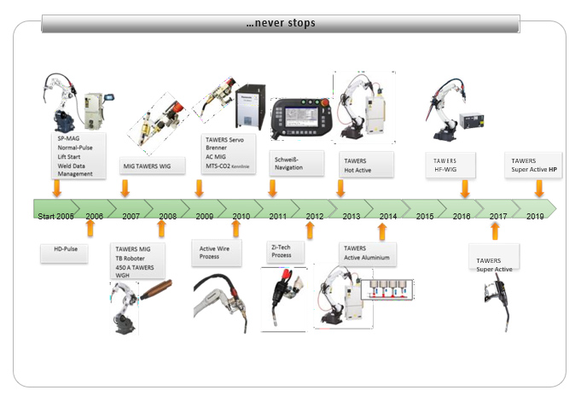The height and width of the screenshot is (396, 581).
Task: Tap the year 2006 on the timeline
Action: pyautogui.click(x=95, y=217)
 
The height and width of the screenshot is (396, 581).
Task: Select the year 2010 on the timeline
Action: pyautogui.click(x=241, y=217)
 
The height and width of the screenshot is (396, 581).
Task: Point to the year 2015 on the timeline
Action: pyautogui.click(x=425, y=217)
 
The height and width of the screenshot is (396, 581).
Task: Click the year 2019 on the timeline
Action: pyautogui.click(x=535, y=217)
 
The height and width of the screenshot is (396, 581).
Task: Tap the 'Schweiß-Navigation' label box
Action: pyautogui.click(x=295, y=162)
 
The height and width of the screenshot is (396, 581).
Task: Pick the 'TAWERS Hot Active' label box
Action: pyautogui.click(x=368, y=165)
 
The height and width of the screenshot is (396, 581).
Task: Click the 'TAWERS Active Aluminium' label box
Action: pyautogui.click(x=367, y=253)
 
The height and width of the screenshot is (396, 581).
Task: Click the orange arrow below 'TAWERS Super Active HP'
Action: pyautogui.click(x=538, y=187)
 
